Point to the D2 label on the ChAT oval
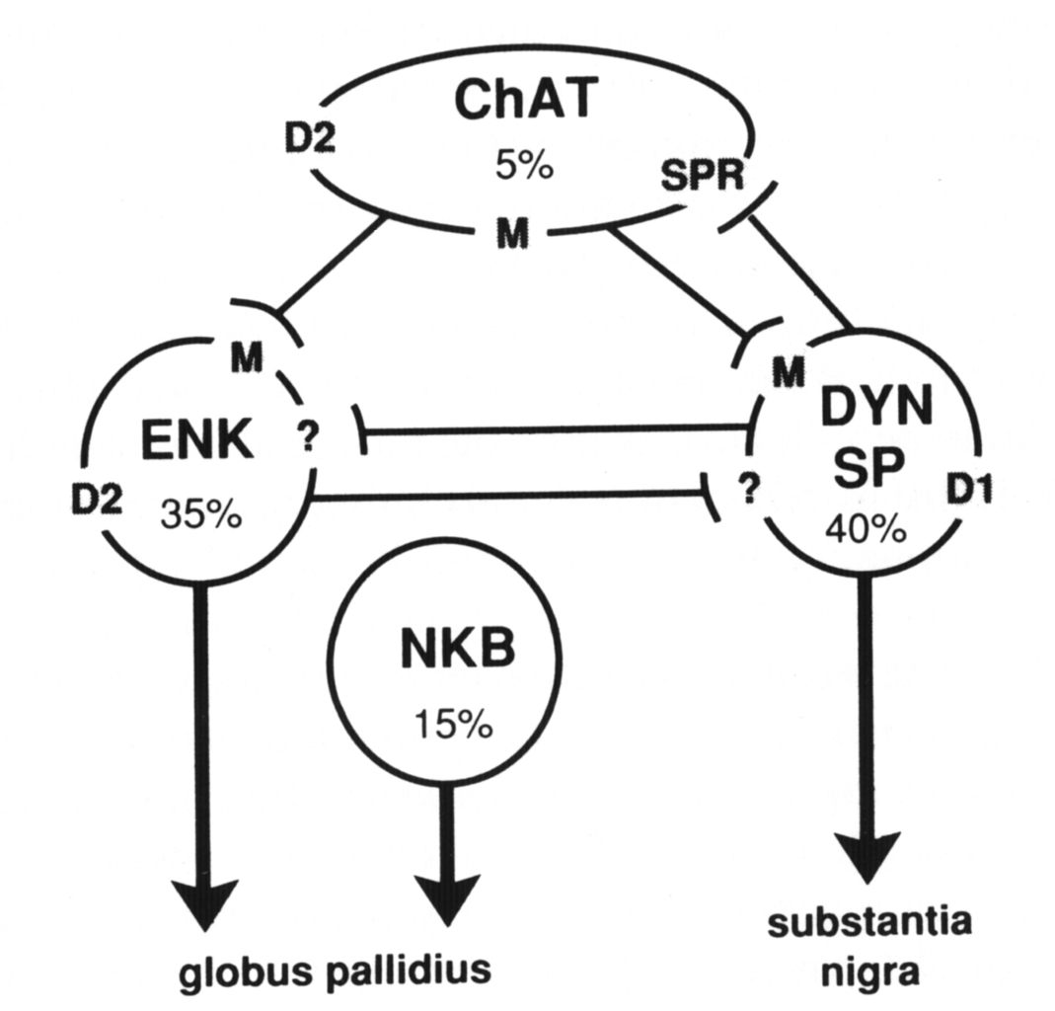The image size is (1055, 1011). [x=311, y=137]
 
